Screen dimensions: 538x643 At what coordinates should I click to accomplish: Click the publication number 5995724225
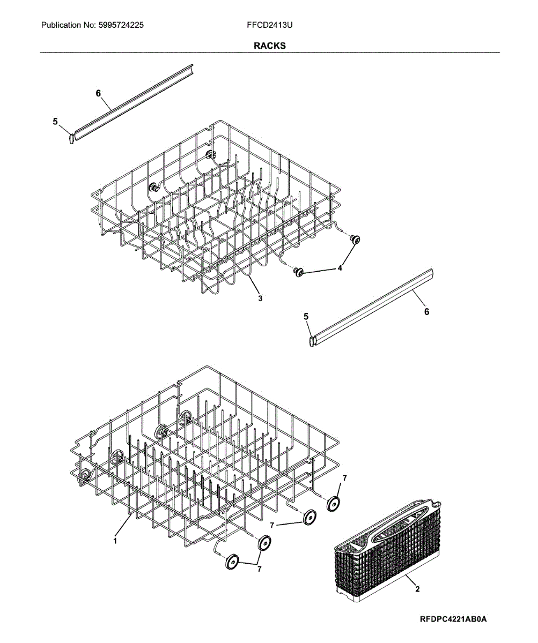(121, 25)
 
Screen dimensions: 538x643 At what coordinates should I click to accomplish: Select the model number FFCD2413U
(269, 25)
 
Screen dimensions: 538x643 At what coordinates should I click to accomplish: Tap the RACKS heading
(269, 46)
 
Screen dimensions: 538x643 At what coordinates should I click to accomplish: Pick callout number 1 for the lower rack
(115, 541)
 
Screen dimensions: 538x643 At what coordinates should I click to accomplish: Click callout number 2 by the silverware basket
(417, 589)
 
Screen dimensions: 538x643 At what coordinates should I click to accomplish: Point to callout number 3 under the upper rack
(260, 298)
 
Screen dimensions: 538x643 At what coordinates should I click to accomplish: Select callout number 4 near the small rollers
(340, 268)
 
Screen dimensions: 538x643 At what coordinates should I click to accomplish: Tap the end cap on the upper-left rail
(71, 139)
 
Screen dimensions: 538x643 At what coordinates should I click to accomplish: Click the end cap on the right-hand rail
(312, 341)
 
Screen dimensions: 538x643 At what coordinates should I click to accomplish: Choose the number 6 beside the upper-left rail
(98, 93)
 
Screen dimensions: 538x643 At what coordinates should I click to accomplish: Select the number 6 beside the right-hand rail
(426, 312)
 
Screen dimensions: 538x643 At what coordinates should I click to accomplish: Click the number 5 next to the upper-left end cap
(55, 122)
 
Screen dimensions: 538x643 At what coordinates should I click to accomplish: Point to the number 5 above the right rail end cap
(306, 317)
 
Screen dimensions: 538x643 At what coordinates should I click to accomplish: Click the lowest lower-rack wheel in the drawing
(232, 562)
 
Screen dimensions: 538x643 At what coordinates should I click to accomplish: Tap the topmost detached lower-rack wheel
(333, 504)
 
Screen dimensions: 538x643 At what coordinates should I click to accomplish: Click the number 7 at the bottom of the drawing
(259, 570)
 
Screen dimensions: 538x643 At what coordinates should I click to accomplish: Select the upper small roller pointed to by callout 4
(355, 239)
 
